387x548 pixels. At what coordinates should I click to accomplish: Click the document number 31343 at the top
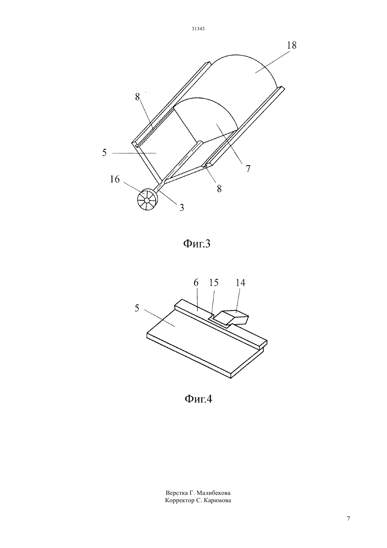[198, 29]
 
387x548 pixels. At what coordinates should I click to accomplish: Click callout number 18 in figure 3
[292, 45]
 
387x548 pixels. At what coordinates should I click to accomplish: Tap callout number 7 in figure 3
[248, 169]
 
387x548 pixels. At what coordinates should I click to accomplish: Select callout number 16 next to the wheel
[115, 179]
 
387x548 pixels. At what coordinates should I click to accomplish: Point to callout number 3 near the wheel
[182, 208]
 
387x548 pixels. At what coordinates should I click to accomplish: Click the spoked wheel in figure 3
[148, 200]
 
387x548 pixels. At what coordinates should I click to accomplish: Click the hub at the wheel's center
[147, 200]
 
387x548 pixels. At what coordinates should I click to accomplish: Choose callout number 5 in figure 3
[104, 152]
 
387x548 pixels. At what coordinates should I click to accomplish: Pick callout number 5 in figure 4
[137, 308]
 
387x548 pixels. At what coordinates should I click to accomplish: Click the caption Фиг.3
[197, 244]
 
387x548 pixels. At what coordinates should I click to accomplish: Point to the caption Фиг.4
[198, 399]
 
